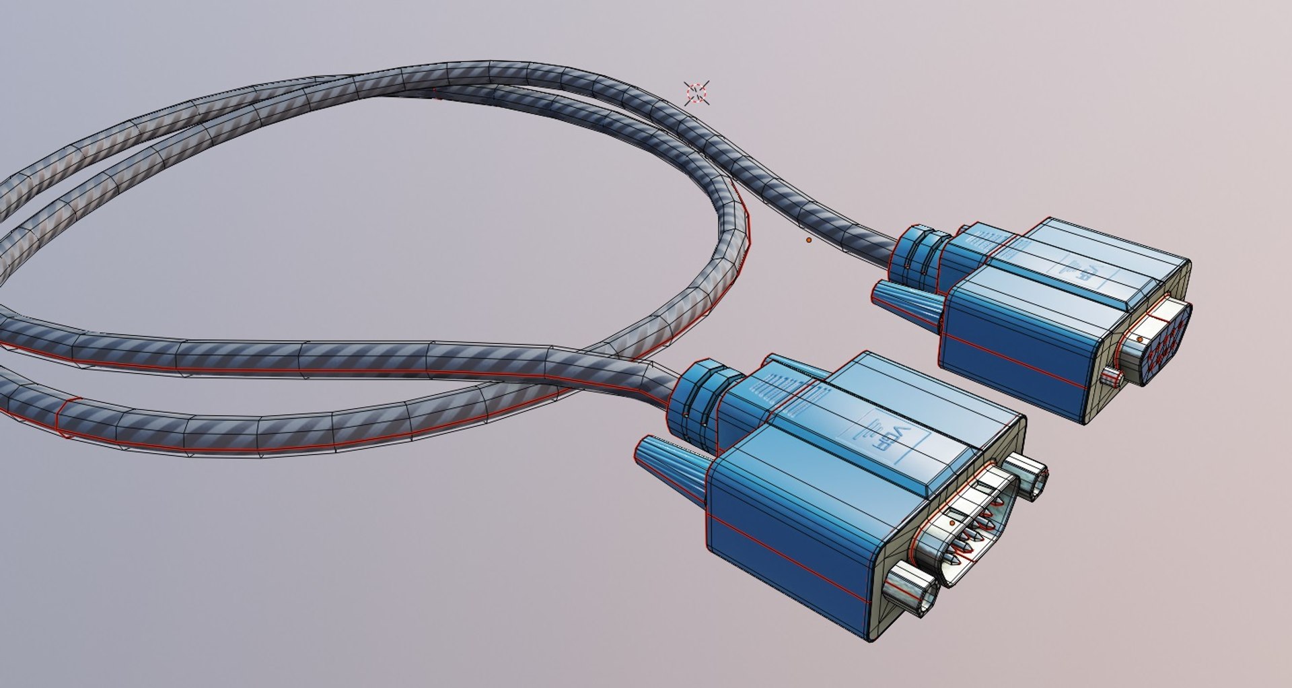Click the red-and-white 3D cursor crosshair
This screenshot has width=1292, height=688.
coord(696,93)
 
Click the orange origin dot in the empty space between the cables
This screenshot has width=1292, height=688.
coord(809,240)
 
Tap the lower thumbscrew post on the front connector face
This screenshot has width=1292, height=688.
coord(912,589)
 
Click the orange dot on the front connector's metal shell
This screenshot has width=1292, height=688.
coord(953,522)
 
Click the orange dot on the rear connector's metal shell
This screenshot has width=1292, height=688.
coord(1140,340)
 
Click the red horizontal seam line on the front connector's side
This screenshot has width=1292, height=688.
coord(794,552)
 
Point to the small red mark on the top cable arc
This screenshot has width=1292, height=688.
coord(436,93)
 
